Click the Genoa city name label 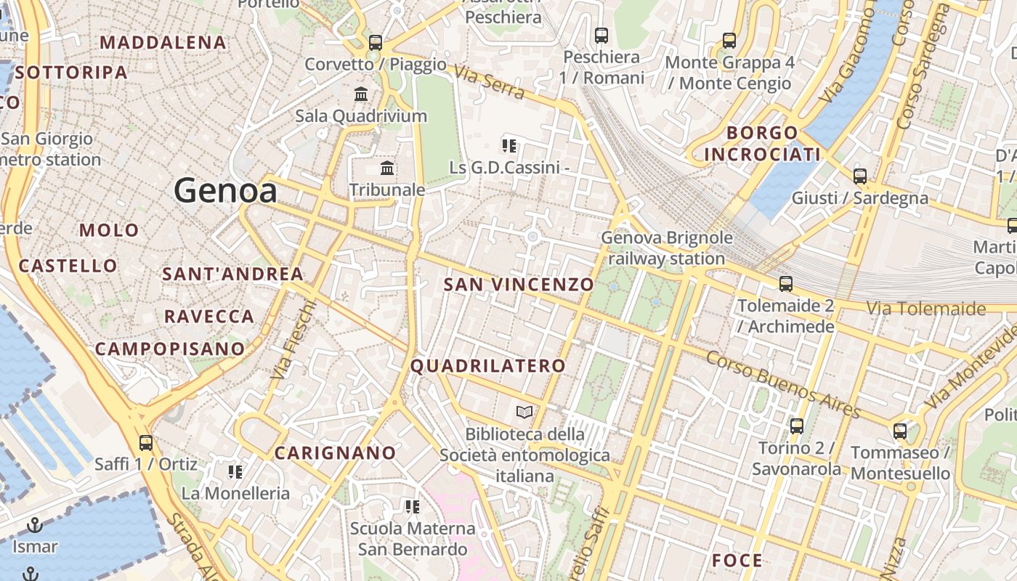pyautogui.click(x=225, y=191)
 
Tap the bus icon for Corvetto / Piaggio pyautogui.click(x=375, y=42)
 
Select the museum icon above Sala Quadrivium pyautogui.click(x=361, y=94)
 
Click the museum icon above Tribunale pyautogui.click(x=387, y=168)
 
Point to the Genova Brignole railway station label pyautogui.click(x=667, y=248)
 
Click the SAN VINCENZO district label pyautogui.click(x=519, y=285)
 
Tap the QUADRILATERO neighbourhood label pyautogui.click(x=487, y=366)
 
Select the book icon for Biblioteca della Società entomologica pyautogui.click(x=524, y=413)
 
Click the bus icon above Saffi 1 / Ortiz pyautogui.click(x=146, y=442)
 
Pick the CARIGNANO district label pyautogui.click(x=335, y=453)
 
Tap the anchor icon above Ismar pyautogui.click(x=34, y=524)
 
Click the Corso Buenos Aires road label pyautogui.click(x=783, y=385)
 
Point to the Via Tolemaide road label pyautogui.click(x=926, y=309)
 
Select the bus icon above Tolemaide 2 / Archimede pyautogui.click(x=785, y=283)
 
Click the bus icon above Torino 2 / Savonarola pyautogui.click(x=797, y=426)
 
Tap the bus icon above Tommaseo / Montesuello pyautogui.click(x=900, y=431)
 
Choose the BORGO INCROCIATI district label pyautogui.click(x=762, y=144)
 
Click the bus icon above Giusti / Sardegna pyautogui.click(x=860, y=176)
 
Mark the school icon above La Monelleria pyautogui.click(x=235, y=472)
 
